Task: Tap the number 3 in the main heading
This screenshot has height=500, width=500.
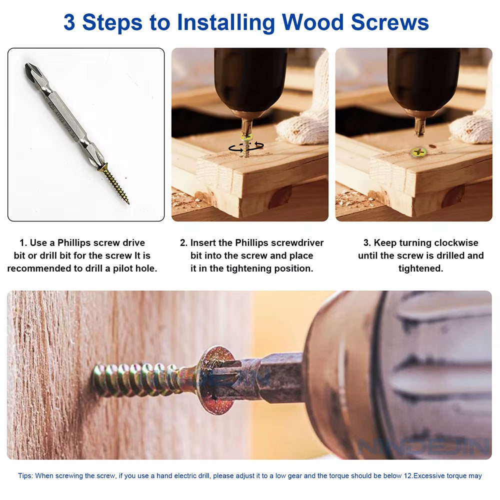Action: pos(69,22)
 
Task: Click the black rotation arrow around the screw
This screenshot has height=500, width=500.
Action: pos(246,146)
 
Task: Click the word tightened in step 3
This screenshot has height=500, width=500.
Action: pos(420,268)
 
